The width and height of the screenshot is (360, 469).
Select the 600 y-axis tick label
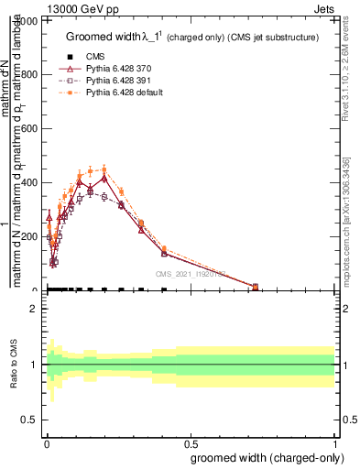click(x=31, y=128)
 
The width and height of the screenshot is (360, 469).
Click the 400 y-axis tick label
click(x=31, y=182)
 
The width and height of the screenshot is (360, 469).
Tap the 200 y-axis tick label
click(x=31, y=236)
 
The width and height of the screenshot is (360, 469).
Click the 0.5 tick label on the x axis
click(x=190, y=440)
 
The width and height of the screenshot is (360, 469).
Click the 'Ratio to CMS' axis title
click(x=14, y=365)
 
